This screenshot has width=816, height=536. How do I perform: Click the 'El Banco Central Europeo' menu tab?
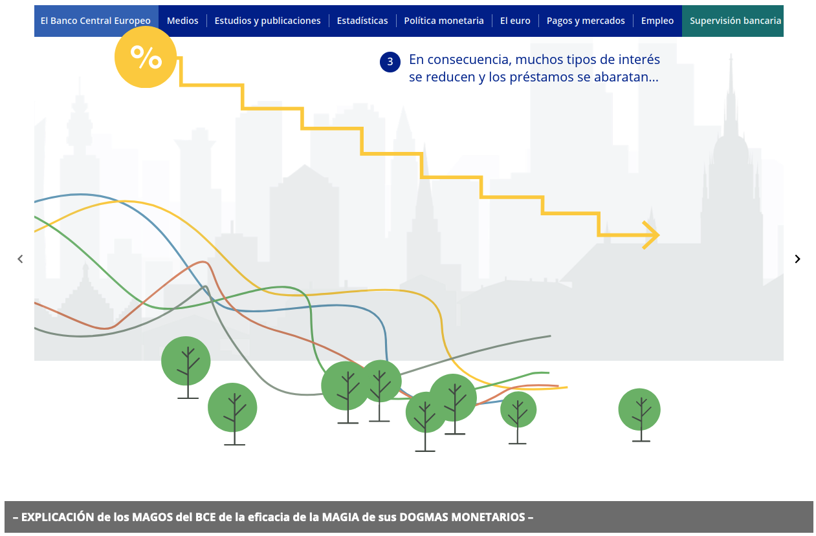(x=95, y=21)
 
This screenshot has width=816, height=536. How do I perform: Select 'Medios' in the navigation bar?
(x=182, y=21)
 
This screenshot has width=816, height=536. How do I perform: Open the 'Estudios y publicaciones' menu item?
(x=267, y=21)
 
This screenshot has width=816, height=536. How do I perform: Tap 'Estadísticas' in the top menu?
(x=362, y=21)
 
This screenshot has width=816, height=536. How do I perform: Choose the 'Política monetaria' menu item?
(x=444, y=21)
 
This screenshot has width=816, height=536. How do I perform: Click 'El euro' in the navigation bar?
(x=515, y=21)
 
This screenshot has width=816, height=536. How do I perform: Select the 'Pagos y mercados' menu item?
(x=586, y=21)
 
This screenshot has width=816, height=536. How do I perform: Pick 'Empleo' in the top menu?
(x=657, y=21)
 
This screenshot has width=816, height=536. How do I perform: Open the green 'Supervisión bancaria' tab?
(x=733, y=21)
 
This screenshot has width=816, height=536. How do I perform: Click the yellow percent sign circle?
(x=146, y=57)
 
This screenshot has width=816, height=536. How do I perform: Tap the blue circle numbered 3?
(x=390, y=62)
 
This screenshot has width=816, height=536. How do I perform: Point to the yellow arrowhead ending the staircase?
(x=652, y=235)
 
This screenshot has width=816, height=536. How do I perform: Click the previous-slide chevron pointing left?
(x=21, y=259)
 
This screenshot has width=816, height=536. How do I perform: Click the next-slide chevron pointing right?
(x=797, y=259)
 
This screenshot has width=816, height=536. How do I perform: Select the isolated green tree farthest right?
(x=639, y=415)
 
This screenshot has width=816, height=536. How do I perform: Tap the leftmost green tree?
(x=186, y=367)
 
